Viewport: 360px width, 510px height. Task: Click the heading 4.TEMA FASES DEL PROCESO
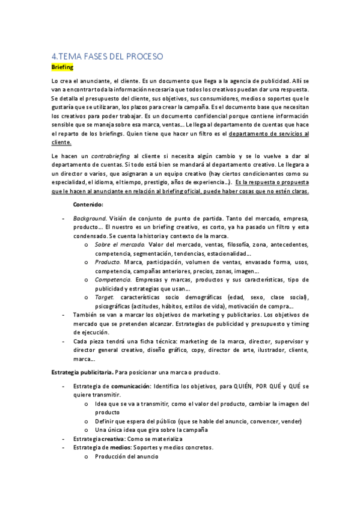tap(107, 57)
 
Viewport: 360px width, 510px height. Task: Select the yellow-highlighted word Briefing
tap(62, 68)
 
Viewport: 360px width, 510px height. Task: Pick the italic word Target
tap(105, 298)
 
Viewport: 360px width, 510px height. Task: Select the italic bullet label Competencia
tap(113, 280)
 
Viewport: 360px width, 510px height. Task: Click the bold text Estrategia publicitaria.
tap(81, 372)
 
